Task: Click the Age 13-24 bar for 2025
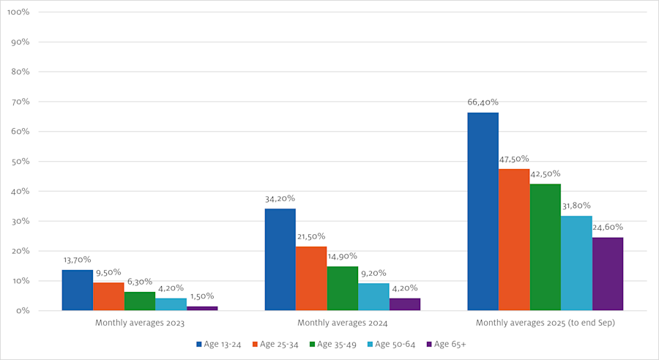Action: point(483,211)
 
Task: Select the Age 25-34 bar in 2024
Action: point(311,278)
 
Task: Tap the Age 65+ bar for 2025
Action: point(607,274)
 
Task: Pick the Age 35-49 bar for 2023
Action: point(140,301)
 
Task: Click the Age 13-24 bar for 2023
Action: point(78,290)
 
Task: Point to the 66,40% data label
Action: point(483,102)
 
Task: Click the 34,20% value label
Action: point(280,198)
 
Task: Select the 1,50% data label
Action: point(202,296)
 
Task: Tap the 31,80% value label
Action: point(576,206)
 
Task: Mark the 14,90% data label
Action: point(343,256)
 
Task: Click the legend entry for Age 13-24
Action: point(220,344)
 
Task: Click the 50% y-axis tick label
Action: point(20,162)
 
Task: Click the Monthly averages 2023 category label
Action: point(140,323)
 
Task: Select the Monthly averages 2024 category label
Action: point(343,323)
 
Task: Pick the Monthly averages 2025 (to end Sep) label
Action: point(545,323)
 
